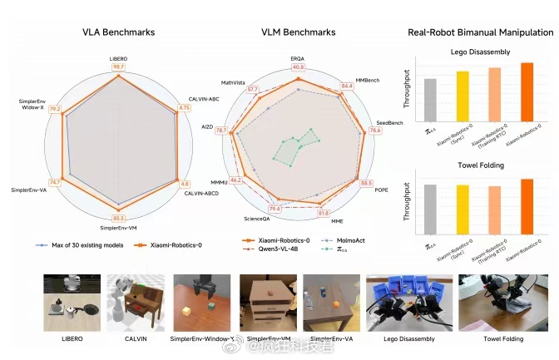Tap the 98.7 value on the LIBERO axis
coord(118,67)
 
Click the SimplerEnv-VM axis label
coord(118,227)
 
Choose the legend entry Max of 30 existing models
coord(76,245)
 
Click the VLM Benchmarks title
coord(297,32)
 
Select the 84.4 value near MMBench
coord(347,86)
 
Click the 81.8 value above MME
coord(324,214)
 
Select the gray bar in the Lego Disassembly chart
coord(430,101)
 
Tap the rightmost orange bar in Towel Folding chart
coord(526,202)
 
